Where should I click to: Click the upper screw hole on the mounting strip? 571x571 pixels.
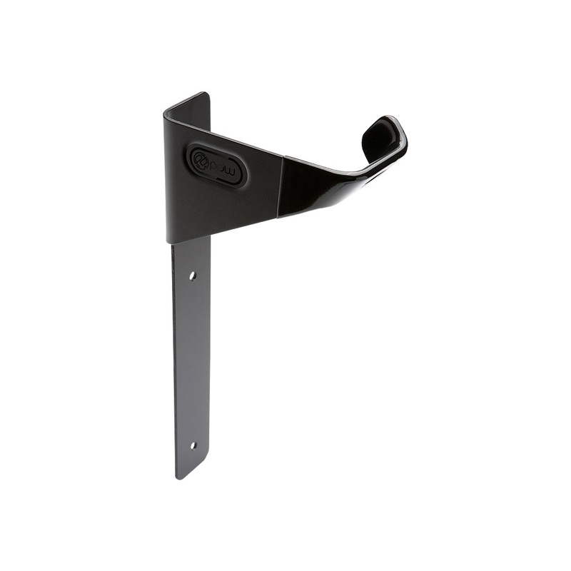tap(193, 275)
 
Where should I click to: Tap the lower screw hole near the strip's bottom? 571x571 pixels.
tap(192, 445)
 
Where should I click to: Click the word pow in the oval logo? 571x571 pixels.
tap(223, 166)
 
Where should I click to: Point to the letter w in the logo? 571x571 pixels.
tap(233, 171)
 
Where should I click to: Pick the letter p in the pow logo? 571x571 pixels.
tap(213, 162)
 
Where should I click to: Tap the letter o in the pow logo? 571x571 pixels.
tap(223, 166)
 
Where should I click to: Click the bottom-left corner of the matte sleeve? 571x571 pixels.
tap(169, 241)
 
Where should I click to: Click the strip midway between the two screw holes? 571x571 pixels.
tap(192, 360)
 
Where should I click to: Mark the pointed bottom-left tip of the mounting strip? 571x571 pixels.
tap(178, 477)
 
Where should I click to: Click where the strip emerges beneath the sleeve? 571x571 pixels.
tap(191, 243)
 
